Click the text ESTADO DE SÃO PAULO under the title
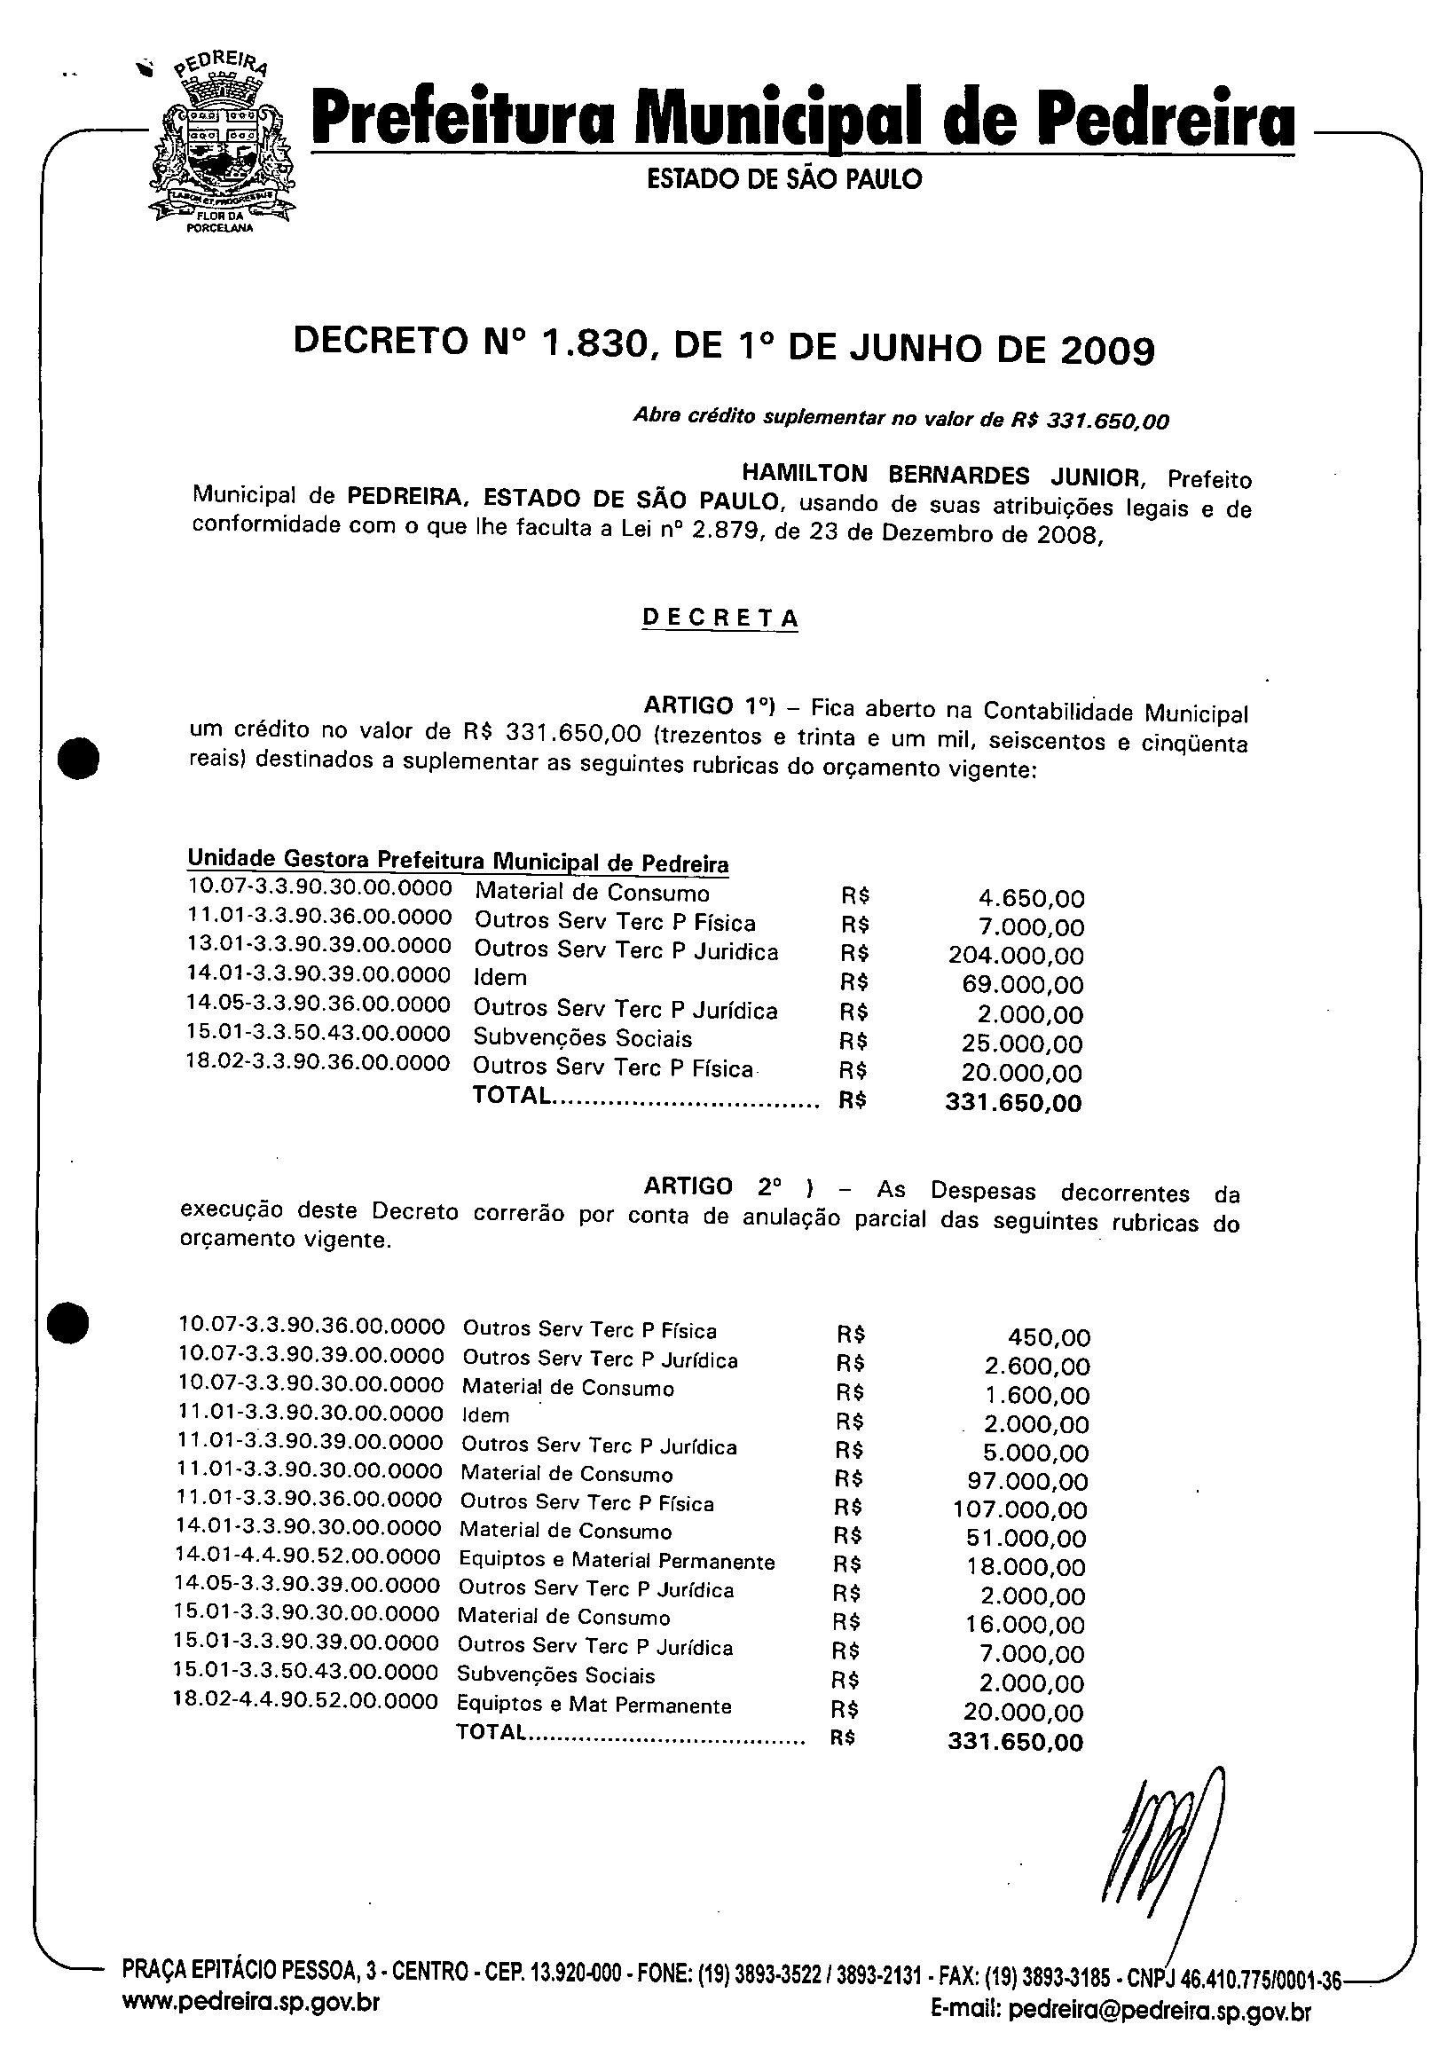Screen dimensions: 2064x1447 tap(783, 180)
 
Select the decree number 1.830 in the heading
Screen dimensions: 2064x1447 tap(594, 344)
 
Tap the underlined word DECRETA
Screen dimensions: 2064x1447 tap(720, 618)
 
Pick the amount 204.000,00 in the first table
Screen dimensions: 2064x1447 tap(1016, 957)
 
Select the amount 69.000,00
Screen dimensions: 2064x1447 tap(1023, 985)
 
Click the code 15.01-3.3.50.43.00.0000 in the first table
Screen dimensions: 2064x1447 tap(318, 1035)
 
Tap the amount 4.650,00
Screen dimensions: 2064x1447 tap(1031, 898)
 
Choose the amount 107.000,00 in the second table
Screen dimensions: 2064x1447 tap(1020, 1510)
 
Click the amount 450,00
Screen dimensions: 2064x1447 tap(1049, 1337)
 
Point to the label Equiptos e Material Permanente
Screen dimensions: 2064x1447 tap(617, 1562)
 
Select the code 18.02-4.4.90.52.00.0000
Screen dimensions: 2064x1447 tap(305, 1702)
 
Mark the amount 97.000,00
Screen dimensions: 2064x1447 tap(1026, 1482)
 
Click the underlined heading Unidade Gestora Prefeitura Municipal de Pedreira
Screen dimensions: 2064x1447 tap(458, 861)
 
